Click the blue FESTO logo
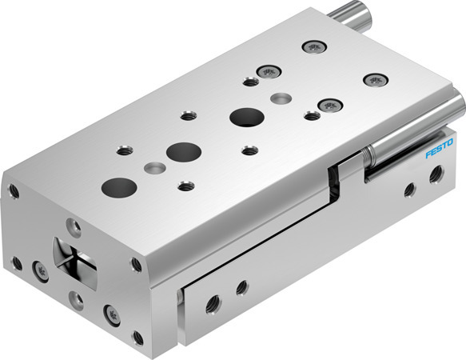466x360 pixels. [440, 150]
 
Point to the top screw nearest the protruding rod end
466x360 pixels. [313, 46]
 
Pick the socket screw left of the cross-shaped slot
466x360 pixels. [37, 269]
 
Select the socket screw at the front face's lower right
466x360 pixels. [110, 312]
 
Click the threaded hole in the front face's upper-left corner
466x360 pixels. [14, 190]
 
